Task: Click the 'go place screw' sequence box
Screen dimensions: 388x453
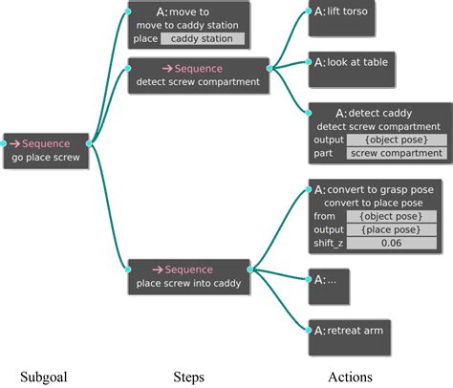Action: point(46,151)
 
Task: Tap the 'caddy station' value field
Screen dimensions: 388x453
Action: point(202,39)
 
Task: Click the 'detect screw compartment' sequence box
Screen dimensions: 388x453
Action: point(198,75)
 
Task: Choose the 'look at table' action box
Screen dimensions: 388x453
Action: point(352,66)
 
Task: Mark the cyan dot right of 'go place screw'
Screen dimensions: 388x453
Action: point(91,144)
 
